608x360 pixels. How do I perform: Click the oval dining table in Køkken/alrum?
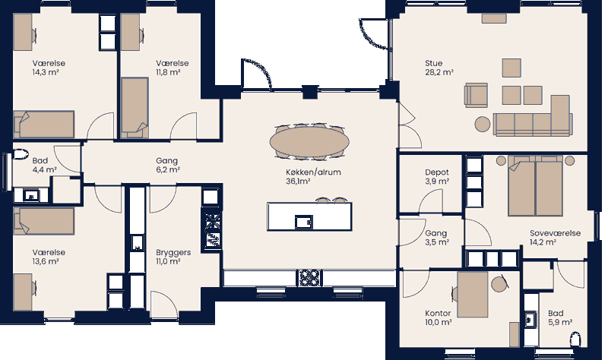click(309, 141)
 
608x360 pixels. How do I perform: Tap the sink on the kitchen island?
click(303, 221)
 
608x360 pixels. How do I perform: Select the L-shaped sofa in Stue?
click(532, 120)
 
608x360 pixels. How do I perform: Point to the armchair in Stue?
click(477, 95)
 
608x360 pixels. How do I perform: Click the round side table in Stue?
click(483, 123)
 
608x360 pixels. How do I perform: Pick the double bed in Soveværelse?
click(535, 187)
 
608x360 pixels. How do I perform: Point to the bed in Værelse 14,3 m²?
click(43, 123)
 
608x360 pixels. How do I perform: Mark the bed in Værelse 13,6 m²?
click(43, 222)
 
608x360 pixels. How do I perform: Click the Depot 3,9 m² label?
click(436, 177)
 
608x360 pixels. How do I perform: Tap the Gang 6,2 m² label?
click(166, 166)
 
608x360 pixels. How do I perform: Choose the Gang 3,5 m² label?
click(436, 238)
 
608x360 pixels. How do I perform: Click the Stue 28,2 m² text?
click(439, 68)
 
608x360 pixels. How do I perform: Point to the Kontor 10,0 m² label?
click(439, 317)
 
